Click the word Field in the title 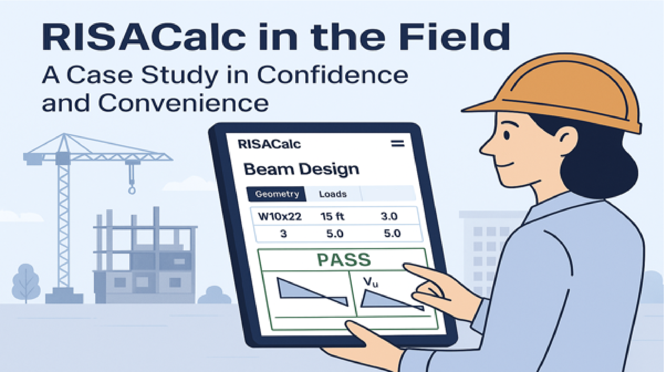click(x=454, y=36)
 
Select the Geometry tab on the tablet click(x=277, y=194)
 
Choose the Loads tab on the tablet click(x=333, y=194)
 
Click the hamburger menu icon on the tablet click(x=398, y=144)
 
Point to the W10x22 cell click(x=280, y=216)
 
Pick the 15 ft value click(x=332, y=216)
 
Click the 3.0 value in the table click(x=389, y=216)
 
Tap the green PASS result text click(x=344, y=260)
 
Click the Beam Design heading click(x=301, y=169)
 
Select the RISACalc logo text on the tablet click(x=269, y=144)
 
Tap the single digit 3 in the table click(x=284, y=234)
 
